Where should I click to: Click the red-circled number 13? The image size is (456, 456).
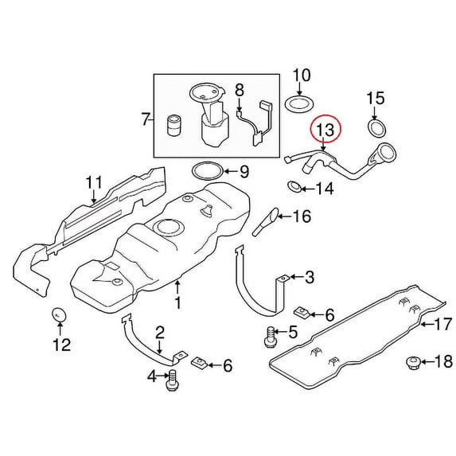coord(325,130)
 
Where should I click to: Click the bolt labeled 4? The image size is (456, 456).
coord(172,381)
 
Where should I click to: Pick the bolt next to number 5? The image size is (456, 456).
coord(271,337)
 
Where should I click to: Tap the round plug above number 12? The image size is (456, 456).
coord(59,314)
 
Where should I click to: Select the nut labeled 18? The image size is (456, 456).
coord(413,362)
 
